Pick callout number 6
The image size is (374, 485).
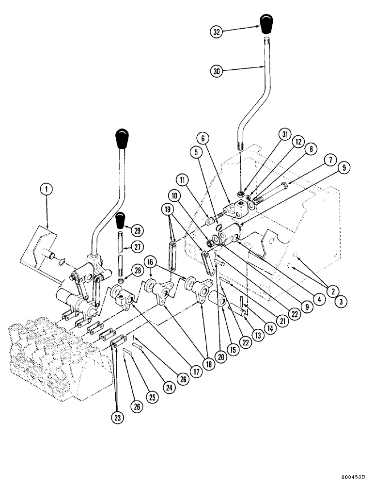(203, 139)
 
